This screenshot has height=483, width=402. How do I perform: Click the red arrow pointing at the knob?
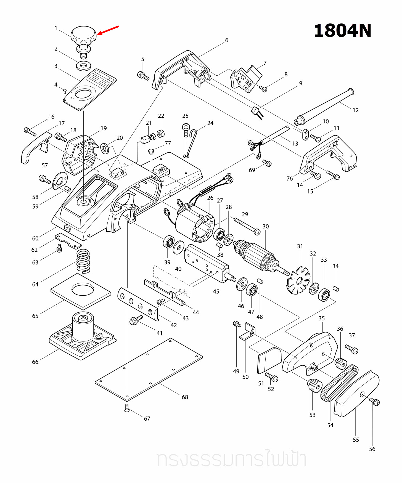pyautogui.click(x=108, y=30)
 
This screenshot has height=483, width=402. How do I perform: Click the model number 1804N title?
pyautogui.click(x=342, y=31)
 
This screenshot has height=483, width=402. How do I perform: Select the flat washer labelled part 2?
pyautogui.click(x=84, y=66)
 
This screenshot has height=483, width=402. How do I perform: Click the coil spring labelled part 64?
pyautogui.click(x=83, y=261)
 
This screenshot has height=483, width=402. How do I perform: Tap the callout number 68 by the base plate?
pyautogui.click(x=185, y=397)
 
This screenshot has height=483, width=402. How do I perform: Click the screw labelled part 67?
pyautogui.click(x=127, y=408)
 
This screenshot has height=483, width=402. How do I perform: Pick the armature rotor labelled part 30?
pyautogui.click(x=257, y=255)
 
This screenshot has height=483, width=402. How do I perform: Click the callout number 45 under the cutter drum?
pyautogui.click(x=216, y=291)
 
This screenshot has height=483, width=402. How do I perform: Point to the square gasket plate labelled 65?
pyautogui.click(x=81, y=291)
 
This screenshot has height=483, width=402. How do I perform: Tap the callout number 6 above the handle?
pyautogui.click(x=226, y=40)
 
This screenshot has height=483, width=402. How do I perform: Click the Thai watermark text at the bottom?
pyautogui.click(x=231, y=459)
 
